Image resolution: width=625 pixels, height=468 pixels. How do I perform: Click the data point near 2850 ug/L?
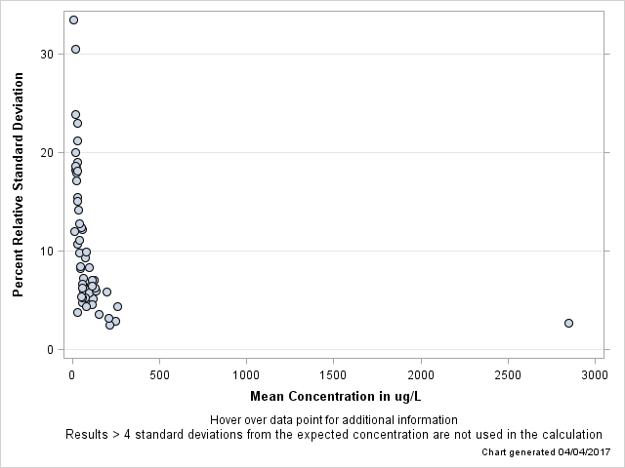568,323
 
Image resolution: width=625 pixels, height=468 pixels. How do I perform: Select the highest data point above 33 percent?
73,19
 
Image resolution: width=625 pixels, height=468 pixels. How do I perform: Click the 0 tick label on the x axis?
71,375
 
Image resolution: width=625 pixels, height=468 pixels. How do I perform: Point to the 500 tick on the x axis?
159,375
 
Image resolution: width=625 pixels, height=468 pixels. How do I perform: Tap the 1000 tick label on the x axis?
246,375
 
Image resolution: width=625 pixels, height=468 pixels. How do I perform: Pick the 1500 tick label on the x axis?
334,375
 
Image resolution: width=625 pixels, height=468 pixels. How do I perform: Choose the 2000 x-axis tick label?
421,375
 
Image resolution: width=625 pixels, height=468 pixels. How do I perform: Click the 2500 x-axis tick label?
509,375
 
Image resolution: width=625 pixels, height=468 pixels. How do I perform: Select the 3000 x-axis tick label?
596,375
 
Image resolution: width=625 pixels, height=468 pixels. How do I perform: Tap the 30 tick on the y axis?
47,55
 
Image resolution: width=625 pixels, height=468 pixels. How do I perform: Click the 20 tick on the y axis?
47,153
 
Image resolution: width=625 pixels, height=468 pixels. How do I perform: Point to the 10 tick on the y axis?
47,252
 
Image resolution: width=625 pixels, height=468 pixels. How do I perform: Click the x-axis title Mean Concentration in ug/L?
335,396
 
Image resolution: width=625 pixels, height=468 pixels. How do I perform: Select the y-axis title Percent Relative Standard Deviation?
19,184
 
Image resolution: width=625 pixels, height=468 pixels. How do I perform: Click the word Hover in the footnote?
227,420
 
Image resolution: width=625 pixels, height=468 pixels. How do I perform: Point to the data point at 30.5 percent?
75,49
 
